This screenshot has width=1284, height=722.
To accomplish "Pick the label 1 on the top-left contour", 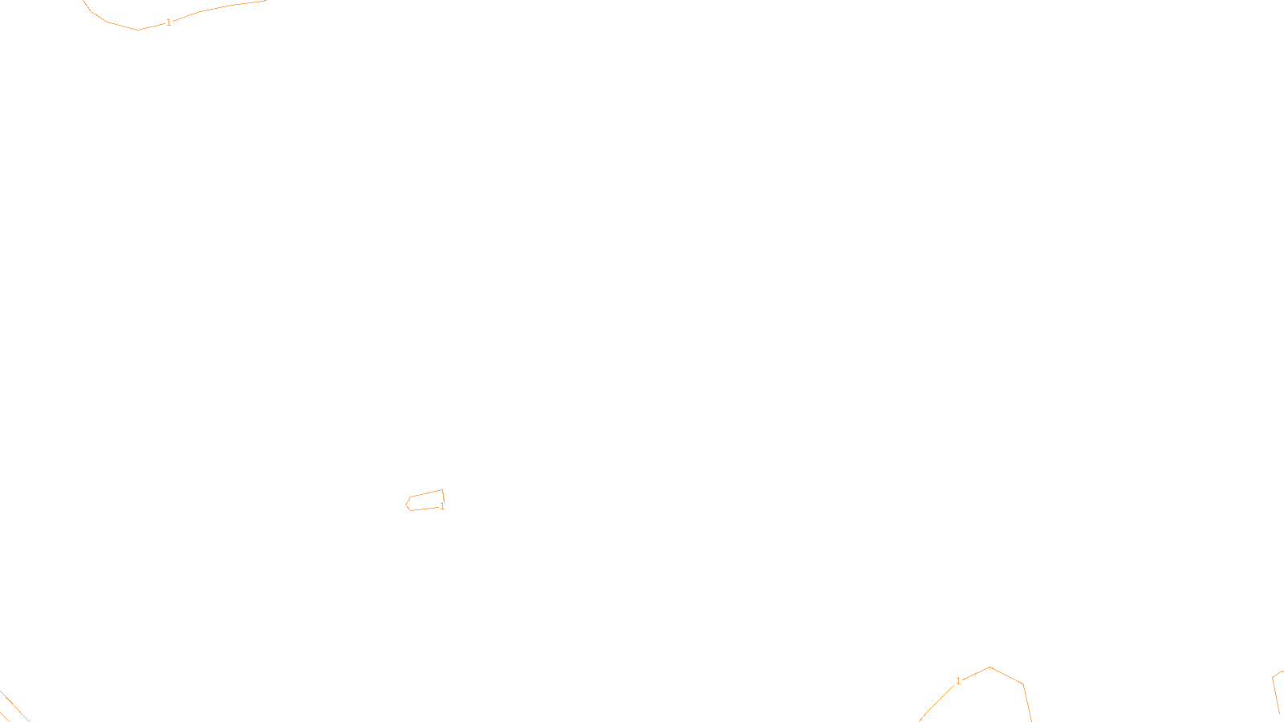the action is pyautogui.click(x=169, y=22).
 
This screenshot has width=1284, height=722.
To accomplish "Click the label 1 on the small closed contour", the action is pyautogui.click(x=442, y=506).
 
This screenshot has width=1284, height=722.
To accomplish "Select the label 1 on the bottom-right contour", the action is pyautogui.click(x=958, y=681).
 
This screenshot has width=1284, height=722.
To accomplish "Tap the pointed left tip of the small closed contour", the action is pyautogui.click(x=406, y=504).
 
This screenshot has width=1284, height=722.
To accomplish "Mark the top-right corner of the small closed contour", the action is pyautogui.click(x=442, y=490).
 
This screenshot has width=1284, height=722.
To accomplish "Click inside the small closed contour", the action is pyautogui.click(x=425, y=501).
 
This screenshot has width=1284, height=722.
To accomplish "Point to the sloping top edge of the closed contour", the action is pyautogui.click(x=425, y=494).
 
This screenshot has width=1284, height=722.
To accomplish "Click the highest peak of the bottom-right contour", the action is pyautogui.click(x=990, y=667).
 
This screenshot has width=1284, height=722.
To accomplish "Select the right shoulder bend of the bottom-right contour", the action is pyautogui.click(x=1022, y=684).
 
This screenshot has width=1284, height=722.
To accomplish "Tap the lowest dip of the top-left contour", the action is pyautogui.click(x=138, y=30).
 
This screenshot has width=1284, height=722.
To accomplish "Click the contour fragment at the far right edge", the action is pyautogui.click(x=1276, y=690).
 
